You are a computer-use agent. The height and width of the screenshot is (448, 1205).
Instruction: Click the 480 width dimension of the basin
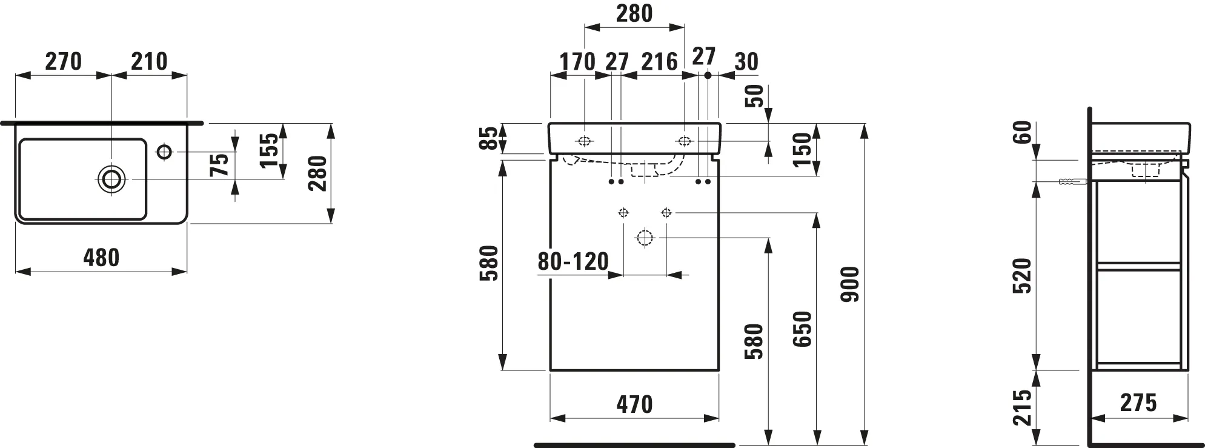pyautogui.click(x=101, y=258)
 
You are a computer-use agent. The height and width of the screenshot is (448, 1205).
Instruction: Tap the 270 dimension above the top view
pyautogui.click(x=64, y=61)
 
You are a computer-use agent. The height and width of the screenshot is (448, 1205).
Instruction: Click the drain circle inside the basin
pyautogui.click(x=111, y=178)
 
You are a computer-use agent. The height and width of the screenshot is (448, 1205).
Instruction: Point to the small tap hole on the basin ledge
pyautogui.click(x=164, y=151)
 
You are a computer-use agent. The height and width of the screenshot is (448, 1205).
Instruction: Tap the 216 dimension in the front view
pyautogui.click(x=659, y=61)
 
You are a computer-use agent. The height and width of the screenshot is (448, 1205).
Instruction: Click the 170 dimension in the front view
pyautogui.click(x=577, y=61)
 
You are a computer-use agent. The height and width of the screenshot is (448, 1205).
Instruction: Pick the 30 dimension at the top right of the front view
pyautogui.click(x=746, y=61)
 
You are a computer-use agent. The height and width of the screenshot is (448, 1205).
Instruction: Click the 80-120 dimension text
pyautogui.click(x=573, y=261)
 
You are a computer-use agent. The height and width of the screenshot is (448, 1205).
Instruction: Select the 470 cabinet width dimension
pyautogui.click(x=634, y=404)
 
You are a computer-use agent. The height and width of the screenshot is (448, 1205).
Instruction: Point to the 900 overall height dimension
pyautogui.click(x=851, y=284)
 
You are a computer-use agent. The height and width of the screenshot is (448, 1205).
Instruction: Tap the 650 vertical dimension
pyautogui.click(x=803, y=329)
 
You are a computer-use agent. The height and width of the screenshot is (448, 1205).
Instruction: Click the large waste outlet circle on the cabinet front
pyautogui.click(x=645, y=238)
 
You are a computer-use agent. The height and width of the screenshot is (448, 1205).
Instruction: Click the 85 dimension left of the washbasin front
pyautogui.click(x=492, y=138)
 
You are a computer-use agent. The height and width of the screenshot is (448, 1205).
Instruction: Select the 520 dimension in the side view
pyautogui.click(x=1023, y=276)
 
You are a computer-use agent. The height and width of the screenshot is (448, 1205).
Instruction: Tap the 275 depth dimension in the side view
pyautogui.click(x=1138, y=403)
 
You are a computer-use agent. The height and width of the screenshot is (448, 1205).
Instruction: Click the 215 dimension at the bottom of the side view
pyautogui.click(x=1023, y=407)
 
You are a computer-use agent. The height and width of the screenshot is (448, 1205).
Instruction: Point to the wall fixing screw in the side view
pyautogui.click(x=1071, y=181)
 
